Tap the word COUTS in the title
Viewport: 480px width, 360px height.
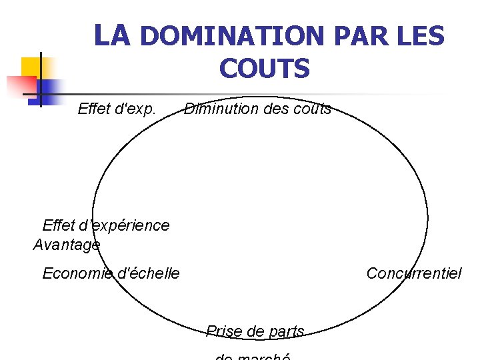click(x=264, y=69)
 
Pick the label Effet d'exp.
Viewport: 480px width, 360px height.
click(x=117, y=109)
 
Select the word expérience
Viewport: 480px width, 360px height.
click(x=130, y=225)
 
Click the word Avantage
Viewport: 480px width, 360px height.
click(x=66, y=245)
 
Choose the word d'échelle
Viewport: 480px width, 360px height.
click(x=148, y=273)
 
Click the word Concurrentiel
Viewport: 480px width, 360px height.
click(x=413, y=273)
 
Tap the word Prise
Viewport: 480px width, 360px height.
click(x=224, y=331)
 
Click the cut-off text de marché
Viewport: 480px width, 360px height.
click(x=253, y=357)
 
